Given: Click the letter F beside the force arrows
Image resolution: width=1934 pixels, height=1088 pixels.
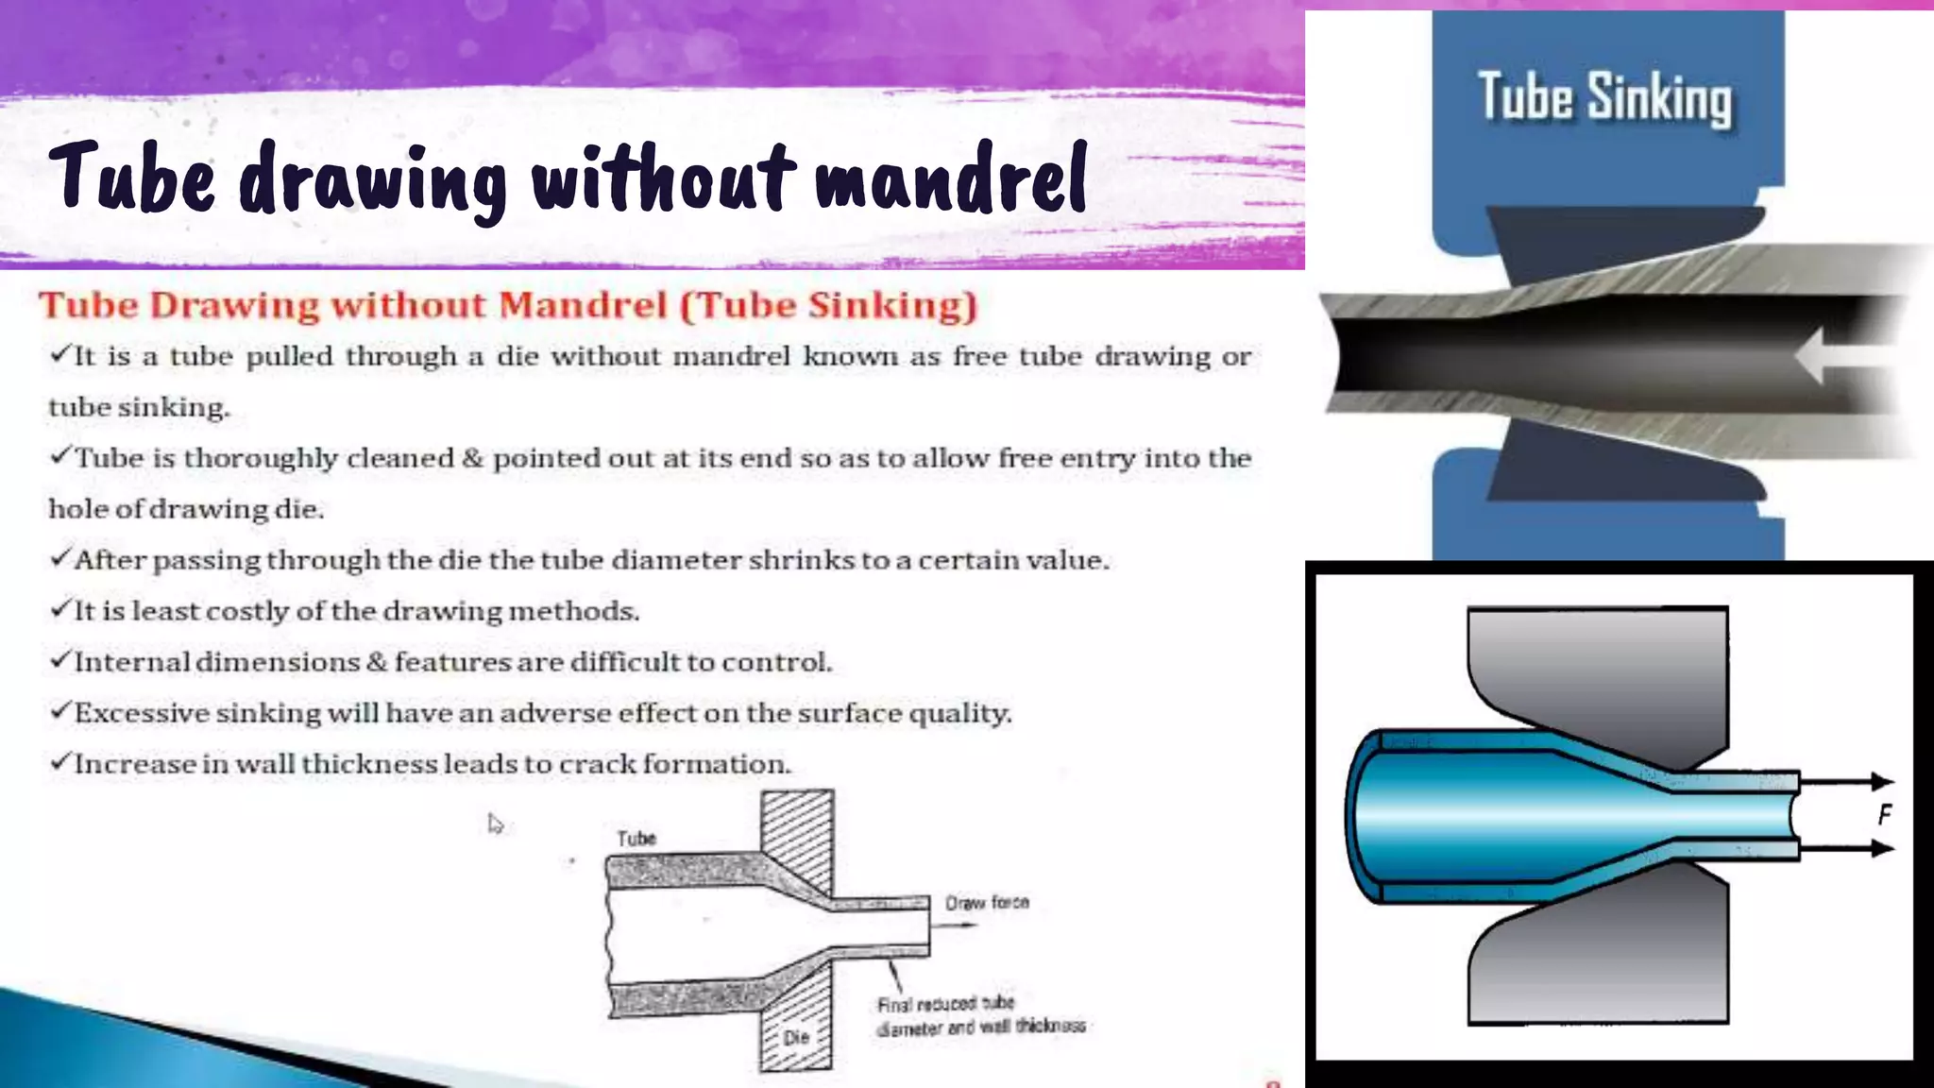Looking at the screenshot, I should point(1884,814).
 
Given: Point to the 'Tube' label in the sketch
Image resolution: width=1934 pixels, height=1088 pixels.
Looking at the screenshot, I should point(636,839).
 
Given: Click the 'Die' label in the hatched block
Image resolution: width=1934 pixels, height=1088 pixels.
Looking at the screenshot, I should point(796,1037).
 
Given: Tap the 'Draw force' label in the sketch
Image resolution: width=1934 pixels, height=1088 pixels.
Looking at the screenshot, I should point(987,902).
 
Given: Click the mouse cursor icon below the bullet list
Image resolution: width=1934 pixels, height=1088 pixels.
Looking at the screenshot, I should point(495,824).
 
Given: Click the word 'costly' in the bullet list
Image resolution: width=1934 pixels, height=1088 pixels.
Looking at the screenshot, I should point(247,611).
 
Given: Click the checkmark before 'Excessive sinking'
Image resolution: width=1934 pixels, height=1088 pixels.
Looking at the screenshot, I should point(60,710).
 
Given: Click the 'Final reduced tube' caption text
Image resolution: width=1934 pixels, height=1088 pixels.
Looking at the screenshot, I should point(945,1003).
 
